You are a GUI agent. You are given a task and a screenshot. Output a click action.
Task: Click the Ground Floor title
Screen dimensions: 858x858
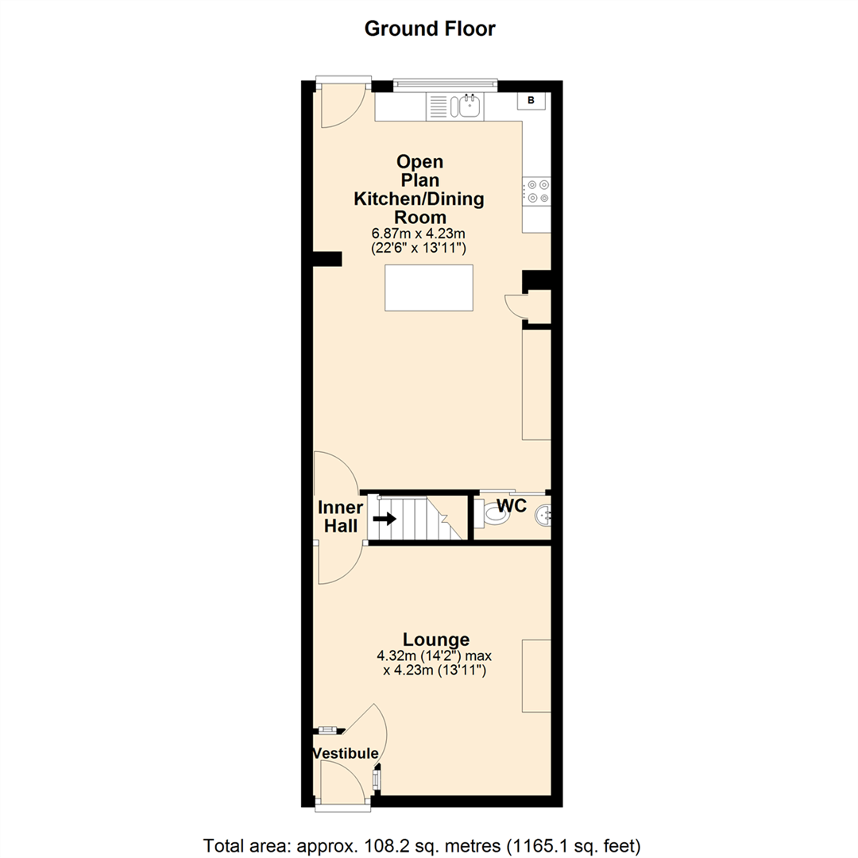point(429,29)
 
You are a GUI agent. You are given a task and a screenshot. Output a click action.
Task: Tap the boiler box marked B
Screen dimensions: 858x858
point(531,100)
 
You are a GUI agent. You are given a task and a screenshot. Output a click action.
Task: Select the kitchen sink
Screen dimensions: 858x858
point(470,105)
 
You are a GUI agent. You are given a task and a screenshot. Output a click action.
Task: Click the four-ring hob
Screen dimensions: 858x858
point(536,191)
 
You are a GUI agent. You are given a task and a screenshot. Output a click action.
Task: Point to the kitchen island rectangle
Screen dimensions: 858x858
point(429,288)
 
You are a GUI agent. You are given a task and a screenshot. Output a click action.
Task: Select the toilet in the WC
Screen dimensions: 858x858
point(493,516)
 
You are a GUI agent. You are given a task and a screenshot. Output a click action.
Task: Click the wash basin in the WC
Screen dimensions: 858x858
point(544,516)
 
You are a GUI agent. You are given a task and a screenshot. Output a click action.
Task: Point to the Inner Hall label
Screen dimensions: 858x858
point(341,516)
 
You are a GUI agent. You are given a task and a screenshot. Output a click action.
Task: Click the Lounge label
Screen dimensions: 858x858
point(435,640)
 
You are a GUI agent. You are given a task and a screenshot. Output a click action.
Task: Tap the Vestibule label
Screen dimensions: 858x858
point(344,753)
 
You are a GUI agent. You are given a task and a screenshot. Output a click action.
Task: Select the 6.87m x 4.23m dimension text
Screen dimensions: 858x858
point(419,234)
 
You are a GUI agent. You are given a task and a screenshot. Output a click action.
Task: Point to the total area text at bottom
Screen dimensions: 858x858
point(423,844)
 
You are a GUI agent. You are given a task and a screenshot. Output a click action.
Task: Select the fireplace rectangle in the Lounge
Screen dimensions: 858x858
point(535,674)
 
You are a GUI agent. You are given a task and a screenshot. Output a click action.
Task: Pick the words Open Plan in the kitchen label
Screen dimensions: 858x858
point(419,171)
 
